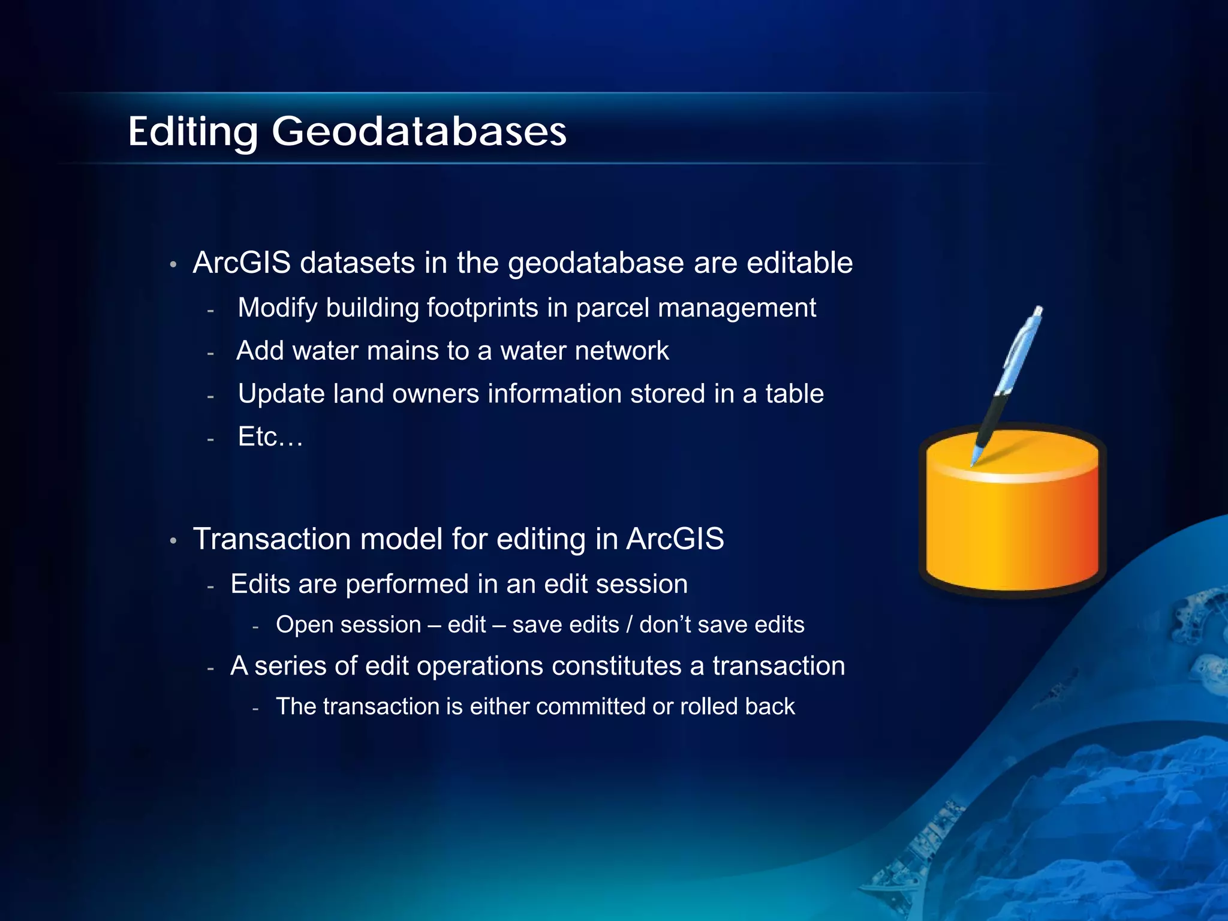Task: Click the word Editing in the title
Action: pyautogui.click(x=193, y=132)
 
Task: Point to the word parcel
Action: pyautogui.click(x=612, y=308)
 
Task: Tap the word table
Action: pyautogui.click(x=794, y=394)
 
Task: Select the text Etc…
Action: pyautogui.click(x=270, y=437)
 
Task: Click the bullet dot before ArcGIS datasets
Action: pyautogui.click(x=173, y=264)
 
